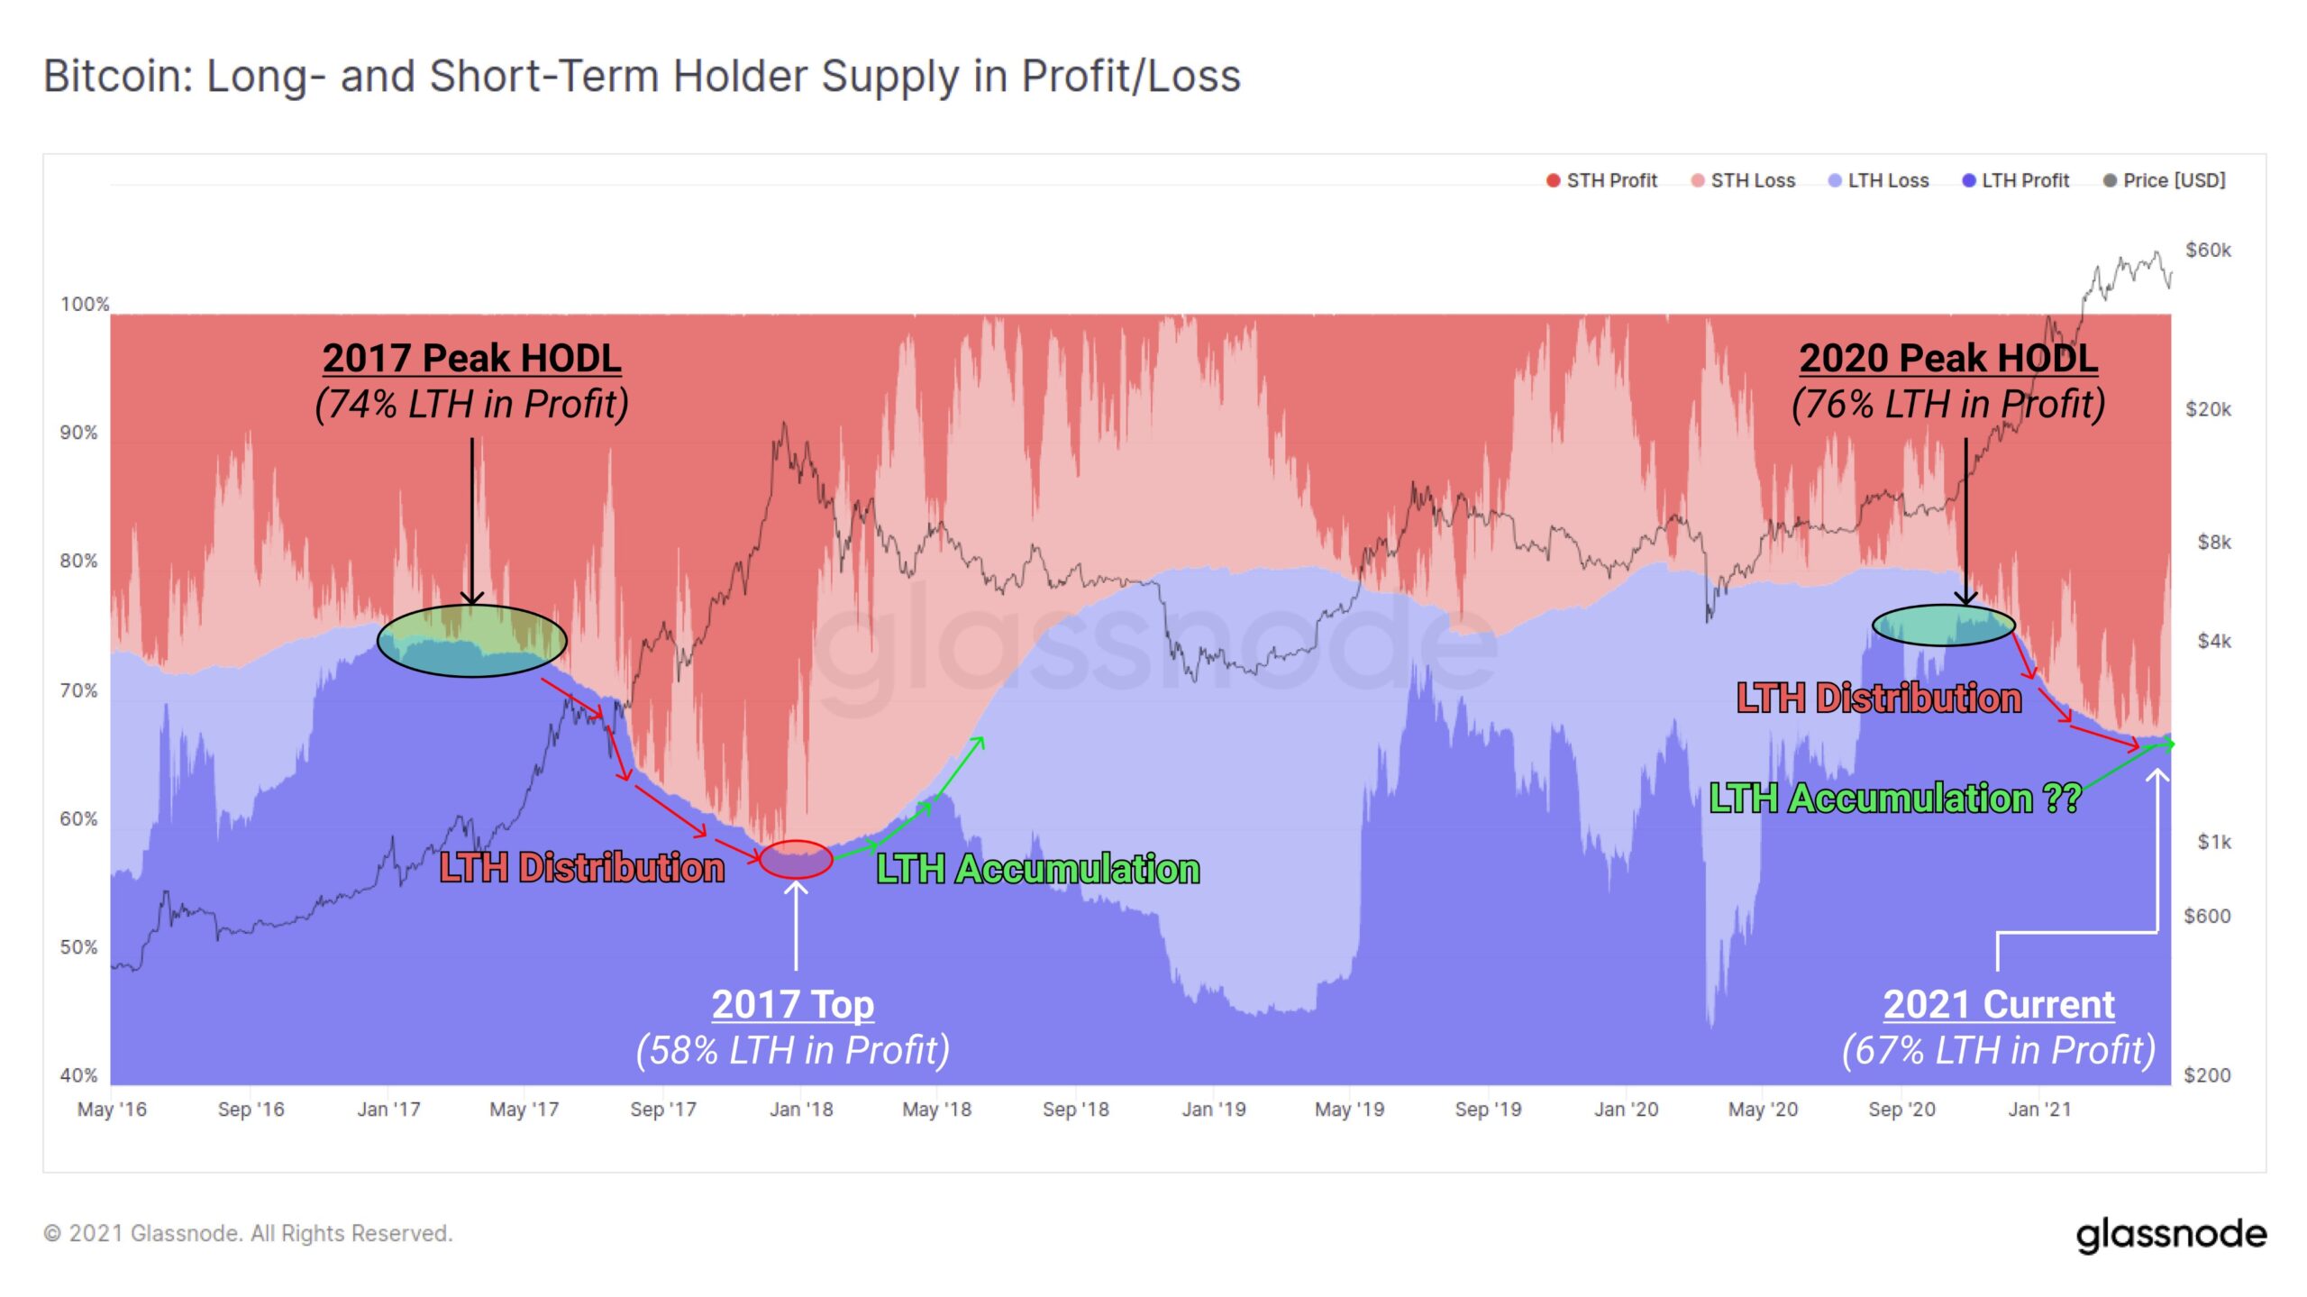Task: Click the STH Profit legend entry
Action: [1602, 181]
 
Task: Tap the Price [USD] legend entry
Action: [2165, 181]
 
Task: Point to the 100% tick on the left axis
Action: [85, 305]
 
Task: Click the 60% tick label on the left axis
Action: [79, 819]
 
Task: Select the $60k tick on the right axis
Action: [2208, 251]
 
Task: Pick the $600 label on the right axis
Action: [2207, 917]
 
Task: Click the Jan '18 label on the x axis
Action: [801, 1110]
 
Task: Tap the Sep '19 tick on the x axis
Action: [1488, 1110]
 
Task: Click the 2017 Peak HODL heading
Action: [471, 359]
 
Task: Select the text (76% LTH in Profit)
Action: [1947, 405]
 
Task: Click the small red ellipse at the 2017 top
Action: [796, 860]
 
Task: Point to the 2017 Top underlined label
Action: [792, 1005]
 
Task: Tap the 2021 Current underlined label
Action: [1998, 1005]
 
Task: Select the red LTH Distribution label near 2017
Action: [582, 868]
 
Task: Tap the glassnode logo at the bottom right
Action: [2171, 1235]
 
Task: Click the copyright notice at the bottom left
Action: [248, 1234]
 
